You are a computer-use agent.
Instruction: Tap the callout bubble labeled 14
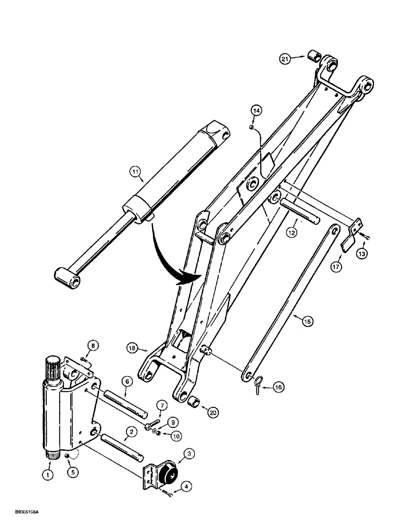pyautogui.click(x=255, y=110)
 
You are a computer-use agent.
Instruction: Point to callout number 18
pyautogui.click(x=132, y=348)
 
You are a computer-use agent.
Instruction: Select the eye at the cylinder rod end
pyautogui.click(x=69, y=276)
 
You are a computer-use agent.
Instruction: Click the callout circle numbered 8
pyautogui.click(x=93, y=346)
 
